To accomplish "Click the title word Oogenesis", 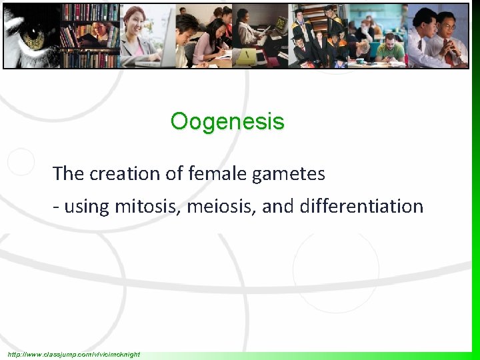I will [227, 122].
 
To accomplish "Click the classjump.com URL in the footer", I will [74, 354].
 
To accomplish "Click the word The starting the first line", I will [67, 174].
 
